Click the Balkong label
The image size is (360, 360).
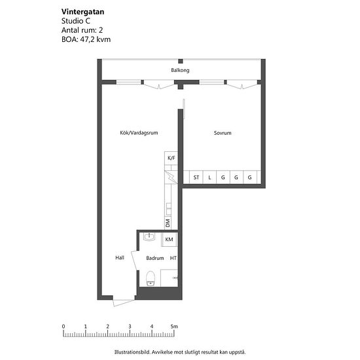pyautogui.click(x=180, y=70)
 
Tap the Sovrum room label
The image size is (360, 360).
pyautogui.click(x=223, y=133)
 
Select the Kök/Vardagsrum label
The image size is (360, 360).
pyautogui.click(x=139, y=133)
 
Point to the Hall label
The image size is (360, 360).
pyautogui.click(x=120, y=258)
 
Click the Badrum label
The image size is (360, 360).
pyautogui.click(x=155, y=258)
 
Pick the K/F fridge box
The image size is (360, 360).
pyautogui.click(x=171, y=158)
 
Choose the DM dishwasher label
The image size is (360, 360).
pyautogui.click(x=168, y=223)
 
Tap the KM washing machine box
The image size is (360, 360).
pyautogui.click(x=170, y=240)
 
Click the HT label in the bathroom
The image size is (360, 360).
pyautogui.click(x=173, y=258)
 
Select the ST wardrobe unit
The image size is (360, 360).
pyautogui.click(x=196, y=177)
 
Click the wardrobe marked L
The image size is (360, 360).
pyautogui.click(x=209, y=177)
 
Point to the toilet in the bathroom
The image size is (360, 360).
pyautogui.click(x=151, y=278)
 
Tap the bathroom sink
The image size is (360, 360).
pyautogui.click(x=149, y=237)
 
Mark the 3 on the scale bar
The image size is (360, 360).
pyautogui.click(x=130, y=326)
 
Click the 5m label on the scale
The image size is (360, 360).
pyautogui.click(x=174, y=326)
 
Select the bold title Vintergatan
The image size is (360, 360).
pyautogui.click(x=82, y=12)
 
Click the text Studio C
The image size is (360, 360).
pyautogui.click(x=76, y=21)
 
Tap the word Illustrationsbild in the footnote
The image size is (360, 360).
pyautogui.click(x=132, y=352)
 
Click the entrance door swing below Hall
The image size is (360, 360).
pyautogui.click(x=124, y=303)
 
